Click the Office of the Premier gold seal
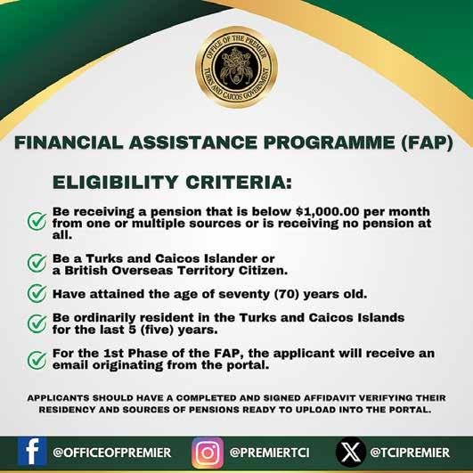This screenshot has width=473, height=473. pyautogui.click(x=236, y=67)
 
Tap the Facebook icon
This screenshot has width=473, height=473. pyautogui.click(x=32, y=452)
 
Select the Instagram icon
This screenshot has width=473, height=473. pyautogui.click(x=208, y=453)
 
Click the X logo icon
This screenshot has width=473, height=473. pyautogui.click(x=351, y=452)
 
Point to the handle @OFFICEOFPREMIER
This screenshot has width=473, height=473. pyautogui.click(x=112, y=453)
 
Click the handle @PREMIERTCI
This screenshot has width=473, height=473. pyautogui.click(x=269, y=453)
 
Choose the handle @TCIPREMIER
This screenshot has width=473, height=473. pyautogui.click(x=410, y=453)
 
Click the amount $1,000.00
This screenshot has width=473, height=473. pyautogui.click(x=328, y=211)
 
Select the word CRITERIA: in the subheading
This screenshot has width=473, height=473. pyautogui.click(x=239, y=183)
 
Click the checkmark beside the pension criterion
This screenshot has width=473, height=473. pyautogui.click(x=37, y=221)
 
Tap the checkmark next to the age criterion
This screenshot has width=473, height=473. pyautogui.click(x=37, y=293)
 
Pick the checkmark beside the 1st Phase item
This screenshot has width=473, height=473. pyautogui.click(x=37, y=360)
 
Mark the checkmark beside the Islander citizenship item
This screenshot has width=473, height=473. pyautogui.click(x=37, y=263)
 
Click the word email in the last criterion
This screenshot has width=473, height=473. pyautogui.click(x=70, y=365)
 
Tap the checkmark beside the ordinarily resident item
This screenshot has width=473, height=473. pyautogui.click(x=37, y=323)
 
